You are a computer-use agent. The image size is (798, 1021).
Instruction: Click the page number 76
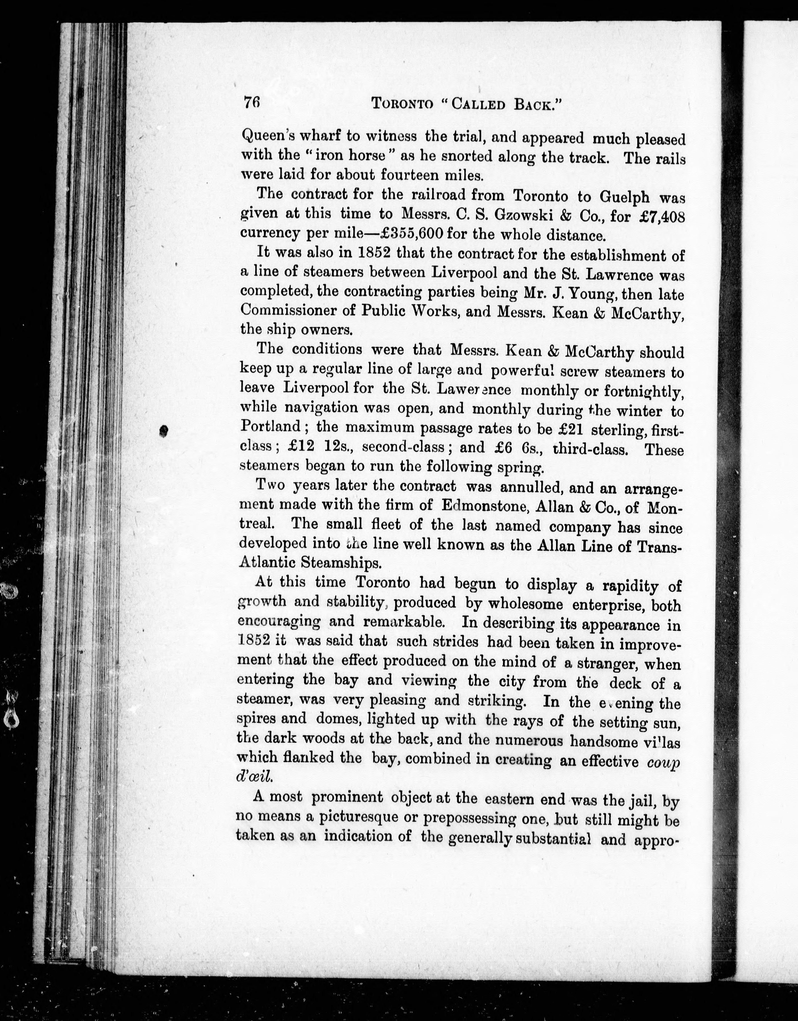pos(251,102)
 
